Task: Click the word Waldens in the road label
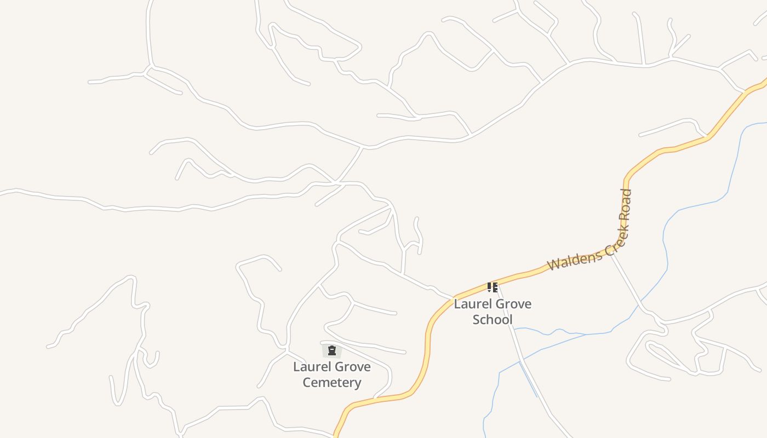(574, 260)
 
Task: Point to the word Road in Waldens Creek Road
(626, 205)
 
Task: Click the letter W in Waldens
(553, 265)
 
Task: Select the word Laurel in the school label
(470, 304)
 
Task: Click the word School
(492, 320)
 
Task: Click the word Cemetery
(331, 382)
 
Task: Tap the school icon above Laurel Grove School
(492, 287)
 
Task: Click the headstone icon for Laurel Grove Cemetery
(331, 350)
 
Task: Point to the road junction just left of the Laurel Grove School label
(453, 296)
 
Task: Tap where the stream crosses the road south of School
(520, 361)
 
